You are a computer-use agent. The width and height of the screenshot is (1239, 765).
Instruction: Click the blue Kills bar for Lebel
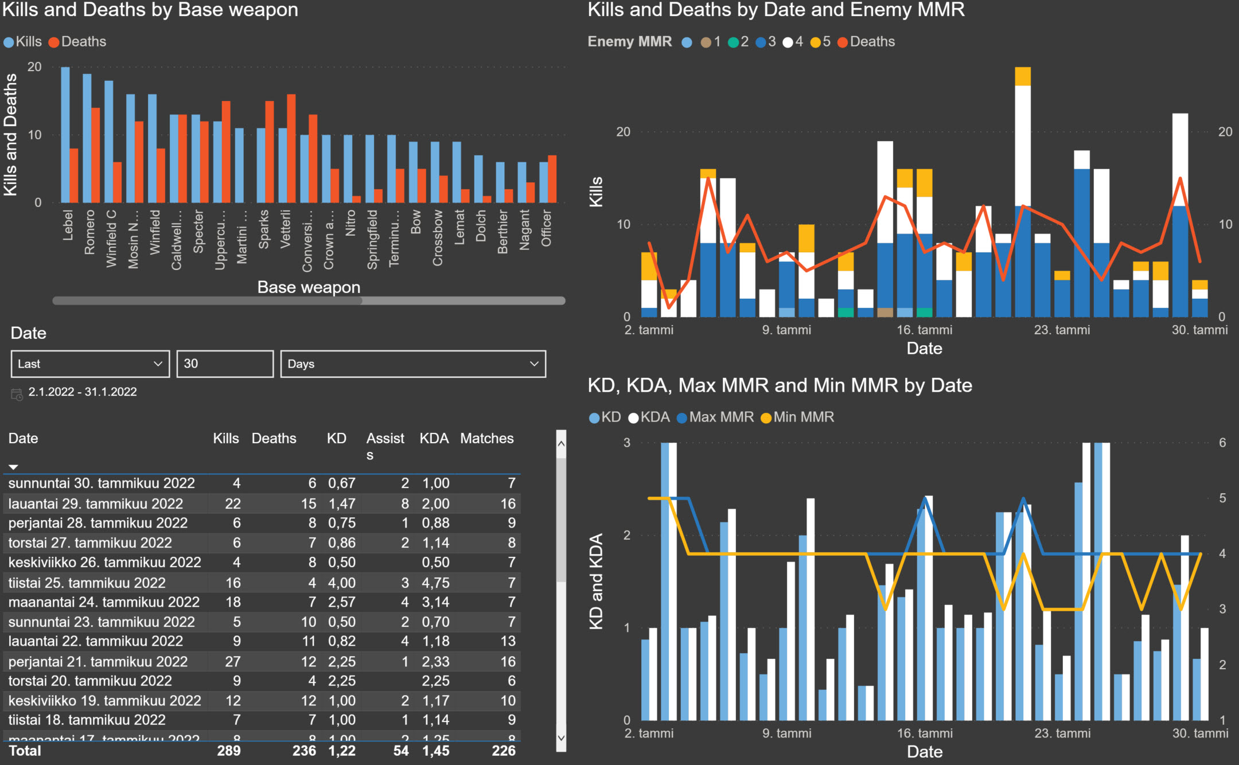point(65,135)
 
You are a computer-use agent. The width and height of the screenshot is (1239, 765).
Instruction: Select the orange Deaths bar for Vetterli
point(291,149)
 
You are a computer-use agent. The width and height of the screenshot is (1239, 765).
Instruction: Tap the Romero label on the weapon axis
point(89,232)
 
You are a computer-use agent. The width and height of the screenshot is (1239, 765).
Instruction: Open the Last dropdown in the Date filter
point(90,364)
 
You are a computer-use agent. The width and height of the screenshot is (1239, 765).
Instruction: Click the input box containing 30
point(225,364)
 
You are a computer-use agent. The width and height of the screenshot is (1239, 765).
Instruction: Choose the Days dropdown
point(413,364)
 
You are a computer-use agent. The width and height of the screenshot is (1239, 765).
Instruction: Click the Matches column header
point(486,439)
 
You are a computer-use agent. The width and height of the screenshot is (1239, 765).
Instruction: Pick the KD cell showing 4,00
point(341,583)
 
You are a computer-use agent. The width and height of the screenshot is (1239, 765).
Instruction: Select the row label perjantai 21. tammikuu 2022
point(98,661)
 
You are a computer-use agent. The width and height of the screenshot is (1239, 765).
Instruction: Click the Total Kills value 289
point(228,751)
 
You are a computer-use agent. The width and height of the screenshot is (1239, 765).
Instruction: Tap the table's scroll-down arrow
point(561,738)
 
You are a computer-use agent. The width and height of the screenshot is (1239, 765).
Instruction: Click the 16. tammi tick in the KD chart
point(925,733)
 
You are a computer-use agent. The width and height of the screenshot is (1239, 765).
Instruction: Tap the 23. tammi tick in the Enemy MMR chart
point(1062,330)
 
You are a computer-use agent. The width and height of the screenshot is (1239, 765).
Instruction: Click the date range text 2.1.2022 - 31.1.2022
point(83,392)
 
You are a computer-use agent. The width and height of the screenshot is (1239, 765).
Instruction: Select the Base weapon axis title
point(309,287)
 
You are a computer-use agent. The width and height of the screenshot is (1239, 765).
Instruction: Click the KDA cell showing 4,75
point(435,583)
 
